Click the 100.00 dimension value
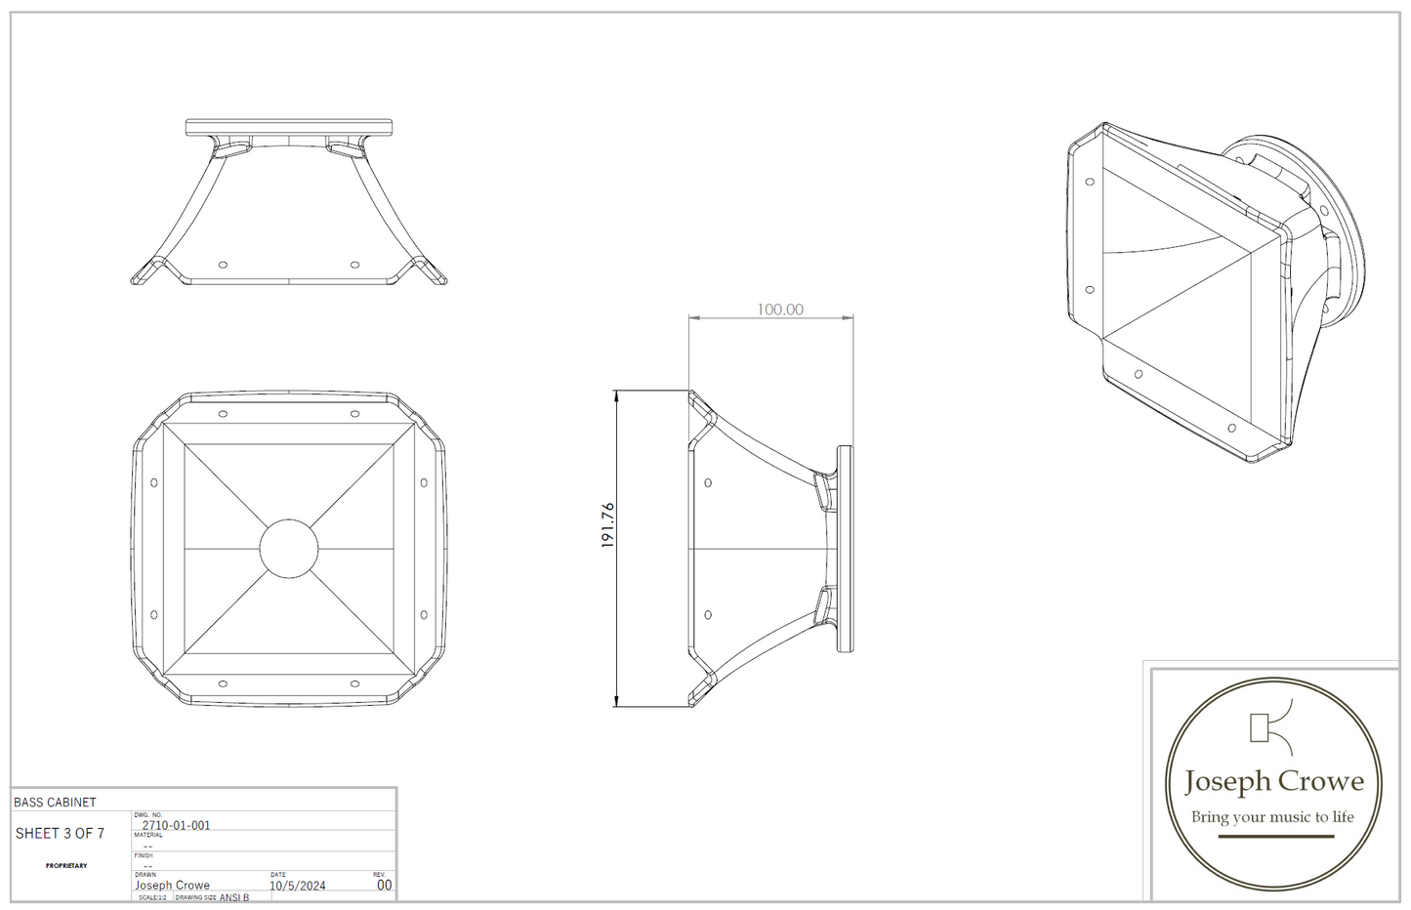(780, 310)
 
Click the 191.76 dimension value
(607, 524)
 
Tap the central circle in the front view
(289, 549)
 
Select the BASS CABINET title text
(55, 802)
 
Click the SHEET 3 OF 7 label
(60, 833)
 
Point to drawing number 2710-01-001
(176, 825)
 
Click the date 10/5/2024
(297, 886)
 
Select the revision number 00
(384, 885)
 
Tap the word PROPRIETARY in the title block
(66, 865)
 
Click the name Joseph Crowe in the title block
(172, 886)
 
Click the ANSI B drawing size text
(234, 897)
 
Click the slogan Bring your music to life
(1272, 817)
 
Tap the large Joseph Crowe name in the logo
(1273, 781)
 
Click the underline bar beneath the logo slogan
(1275, 837)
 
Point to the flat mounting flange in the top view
(289, 127)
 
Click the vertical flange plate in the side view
(845, 549)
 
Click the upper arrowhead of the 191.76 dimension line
(616, 395)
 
